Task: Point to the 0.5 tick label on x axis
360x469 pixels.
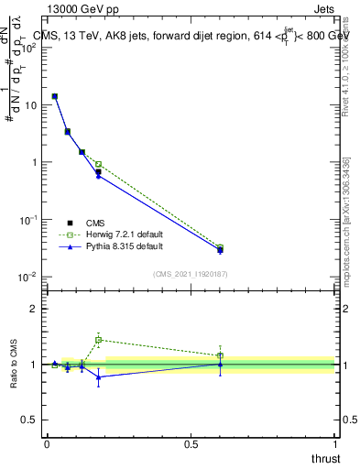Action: pos(191,444)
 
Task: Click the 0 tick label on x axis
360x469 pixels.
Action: pos(47,444)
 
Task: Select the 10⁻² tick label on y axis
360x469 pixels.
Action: pos(29,277)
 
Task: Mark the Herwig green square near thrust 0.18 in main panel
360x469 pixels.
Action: pos(99,165)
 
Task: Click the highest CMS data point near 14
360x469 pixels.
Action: pos(55,96)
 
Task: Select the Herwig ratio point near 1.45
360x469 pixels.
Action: pos(99,340)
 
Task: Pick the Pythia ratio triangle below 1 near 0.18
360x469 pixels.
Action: pos(99,376)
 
